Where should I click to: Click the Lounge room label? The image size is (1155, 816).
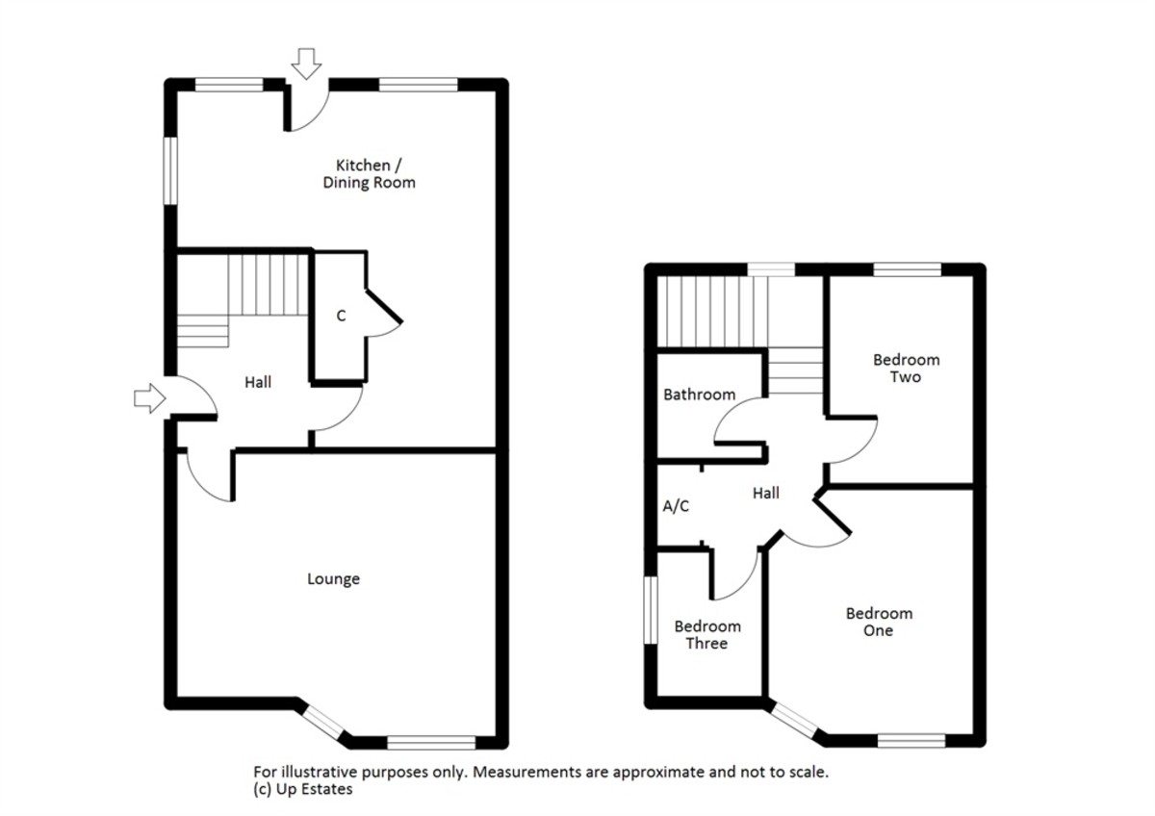coord(334,579)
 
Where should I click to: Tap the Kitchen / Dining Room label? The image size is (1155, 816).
coord(370,174)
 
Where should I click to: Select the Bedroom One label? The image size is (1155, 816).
coord(879,622)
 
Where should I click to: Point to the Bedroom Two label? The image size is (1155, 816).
coord(906,368)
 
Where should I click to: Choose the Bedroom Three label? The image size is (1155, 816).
coord(707,634)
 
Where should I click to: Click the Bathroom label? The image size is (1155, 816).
coord(699,395)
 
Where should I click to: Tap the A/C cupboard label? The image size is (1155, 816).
coord(676,506)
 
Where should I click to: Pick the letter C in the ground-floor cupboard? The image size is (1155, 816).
coord(341,316)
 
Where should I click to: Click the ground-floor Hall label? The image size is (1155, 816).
coord(258,382)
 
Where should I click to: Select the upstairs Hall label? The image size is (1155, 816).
coord(766,494)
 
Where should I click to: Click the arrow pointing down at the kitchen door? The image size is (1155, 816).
coord(306,64)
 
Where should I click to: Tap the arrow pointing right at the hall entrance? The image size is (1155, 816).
coord(149,398)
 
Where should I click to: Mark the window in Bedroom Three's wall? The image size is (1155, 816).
coord(652,610)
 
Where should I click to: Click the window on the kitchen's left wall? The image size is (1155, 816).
coord(170,170)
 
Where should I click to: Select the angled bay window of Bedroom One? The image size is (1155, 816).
coord(794,721)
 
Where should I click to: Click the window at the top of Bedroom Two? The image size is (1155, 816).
coord(908,269)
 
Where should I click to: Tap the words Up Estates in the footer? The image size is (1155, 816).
coord(314,789)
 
